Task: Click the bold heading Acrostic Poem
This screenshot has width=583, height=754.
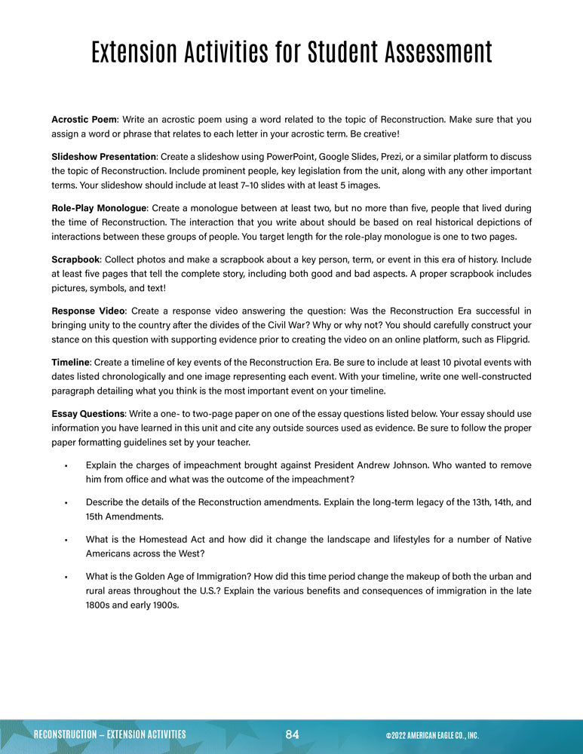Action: tap(84, 120)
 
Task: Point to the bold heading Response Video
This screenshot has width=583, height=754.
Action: tap(85, 311)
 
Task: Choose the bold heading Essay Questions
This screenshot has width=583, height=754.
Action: tap(87, 414)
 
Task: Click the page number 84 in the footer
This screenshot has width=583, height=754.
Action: tap(293, 734)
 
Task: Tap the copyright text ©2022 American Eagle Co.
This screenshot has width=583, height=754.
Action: tap(431, 735)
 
